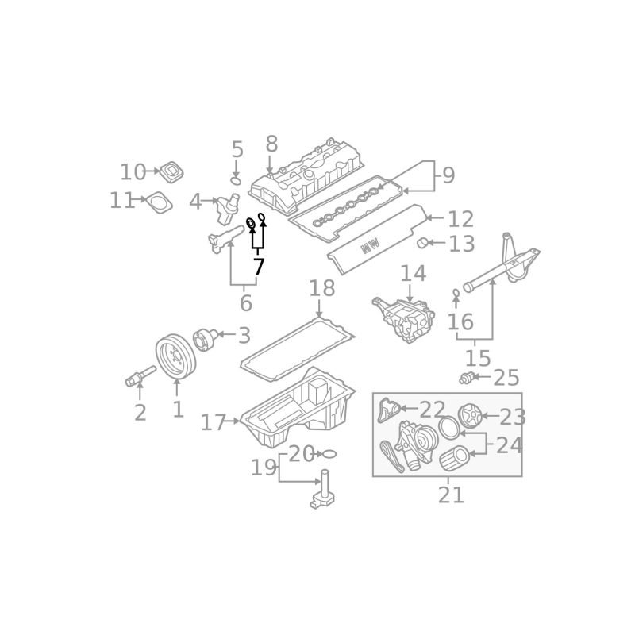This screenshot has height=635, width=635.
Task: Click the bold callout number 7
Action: coord(259,267)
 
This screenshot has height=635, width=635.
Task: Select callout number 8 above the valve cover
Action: coord(271,144)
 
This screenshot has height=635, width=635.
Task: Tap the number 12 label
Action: coord(460,219)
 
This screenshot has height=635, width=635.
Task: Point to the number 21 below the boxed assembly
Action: coord(451,495)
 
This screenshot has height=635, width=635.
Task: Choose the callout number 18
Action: coord(322,288)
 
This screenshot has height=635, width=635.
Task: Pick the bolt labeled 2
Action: coord(140,376)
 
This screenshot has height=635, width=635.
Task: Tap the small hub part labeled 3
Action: coord(206,339)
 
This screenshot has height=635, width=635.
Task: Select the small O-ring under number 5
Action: coord(236,181)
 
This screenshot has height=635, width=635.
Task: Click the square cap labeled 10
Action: coord(171,171)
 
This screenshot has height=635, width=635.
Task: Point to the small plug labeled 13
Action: coord(422,243)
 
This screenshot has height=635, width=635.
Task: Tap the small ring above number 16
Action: coord(456,292)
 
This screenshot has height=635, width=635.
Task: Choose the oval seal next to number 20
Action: coord(329,454)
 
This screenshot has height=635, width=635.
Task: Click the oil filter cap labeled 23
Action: coord(469,415)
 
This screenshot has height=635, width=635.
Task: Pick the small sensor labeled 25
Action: coord(466,379)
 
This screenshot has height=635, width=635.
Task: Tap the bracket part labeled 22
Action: coord(389,410)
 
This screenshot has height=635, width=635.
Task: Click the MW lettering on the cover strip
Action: coord(371,245)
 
